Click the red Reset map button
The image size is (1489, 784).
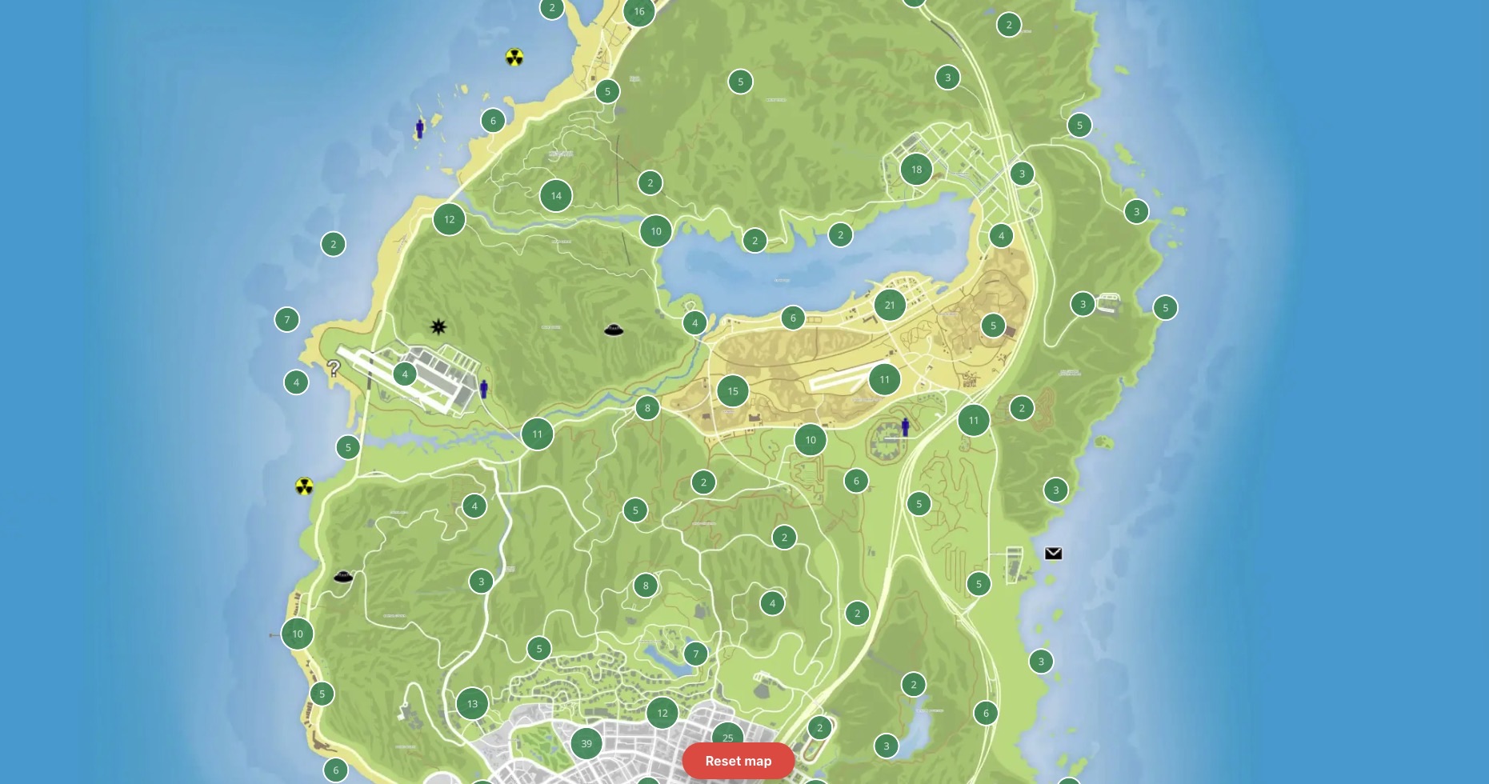[x=738, y=761]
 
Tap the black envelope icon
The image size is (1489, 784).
[x=1053, y=554]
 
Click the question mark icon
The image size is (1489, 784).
[x=334, y=368]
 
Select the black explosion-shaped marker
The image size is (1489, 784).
[x=438, y=326]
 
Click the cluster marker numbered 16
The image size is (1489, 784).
[x=639, y=11]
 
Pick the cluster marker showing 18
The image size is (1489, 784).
[x=916, y=170]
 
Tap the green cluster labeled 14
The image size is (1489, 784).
[x=556, y=195]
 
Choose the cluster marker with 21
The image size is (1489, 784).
[x=890, y=305]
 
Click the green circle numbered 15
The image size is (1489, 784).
[x=733, y=391]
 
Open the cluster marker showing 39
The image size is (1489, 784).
[x=586, y=743]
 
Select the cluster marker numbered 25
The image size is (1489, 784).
[x=727, y=738]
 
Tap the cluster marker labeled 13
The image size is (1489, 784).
[x=472, y=704]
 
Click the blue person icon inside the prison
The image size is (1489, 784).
[x=905, y=426]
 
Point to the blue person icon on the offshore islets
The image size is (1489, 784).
[x=419, y=128]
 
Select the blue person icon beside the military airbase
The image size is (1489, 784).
[x=483, y=389]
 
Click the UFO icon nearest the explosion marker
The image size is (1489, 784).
[x=614, y=330]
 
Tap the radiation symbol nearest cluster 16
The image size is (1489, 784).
[x=514, y=58]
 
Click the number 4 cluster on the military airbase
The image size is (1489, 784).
[x=405, y=374]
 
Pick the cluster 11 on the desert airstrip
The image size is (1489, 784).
[x=884, y=379]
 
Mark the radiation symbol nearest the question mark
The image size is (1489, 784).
[x=304, y=486]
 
